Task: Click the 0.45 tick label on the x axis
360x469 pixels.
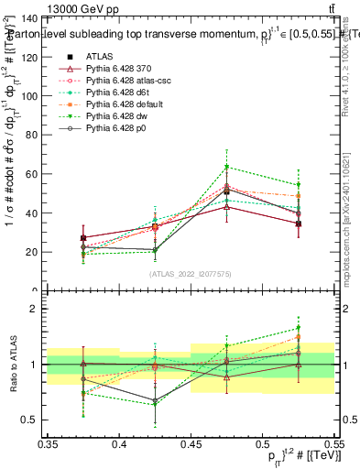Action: pyautogui.click(x=191, y=444)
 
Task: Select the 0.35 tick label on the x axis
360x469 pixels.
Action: pyautogui.click(x=49, y=444)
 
